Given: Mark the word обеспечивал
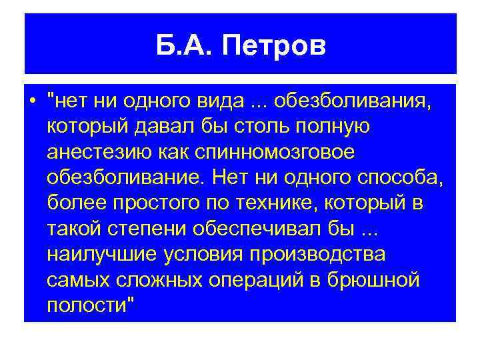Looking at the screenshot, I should point(259,227).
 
